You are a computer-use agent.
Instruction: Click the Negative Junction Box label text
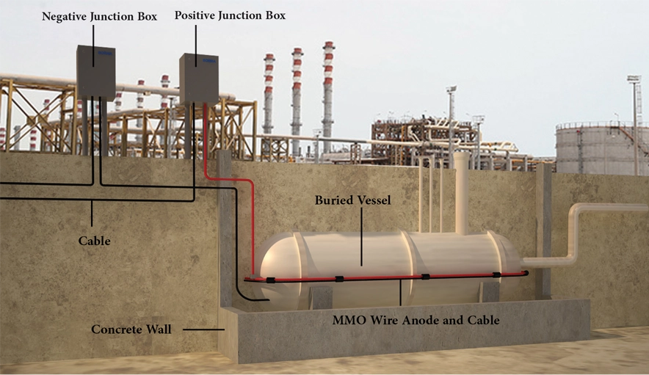click(x=99, y=17)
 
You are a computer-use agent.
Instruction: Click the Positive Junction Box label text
click(x=230, y=15)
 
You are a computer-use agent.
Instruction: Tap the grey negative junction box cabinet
click(x=96, y=73)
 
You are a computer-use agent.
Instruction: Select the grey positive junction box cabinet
click(x=199, y=79)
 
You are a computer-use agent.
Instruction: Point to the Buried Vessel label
click(x=352, y=200)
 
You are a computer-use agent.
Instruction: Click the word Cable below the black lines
click(x=95, y=241)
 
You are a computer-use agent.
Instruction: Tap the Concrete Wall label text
click(x=131, y=330)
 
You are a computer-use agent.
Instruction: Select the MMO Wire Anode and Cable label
click(x=416, y=321)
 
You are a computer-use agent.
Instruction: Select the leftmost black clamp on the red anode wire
click(x=271, y=280)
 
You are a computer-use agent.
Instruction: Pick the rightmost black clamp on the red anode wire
click(x=497, y=274)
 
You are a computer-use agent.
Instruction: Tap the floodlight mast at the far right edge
click(x=634, y=124)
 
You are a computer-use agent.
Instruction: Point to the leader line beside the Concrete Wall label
click(x=203, y=330)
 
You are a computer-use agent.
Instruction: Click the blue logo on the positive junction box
click(x=209, y=60)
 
